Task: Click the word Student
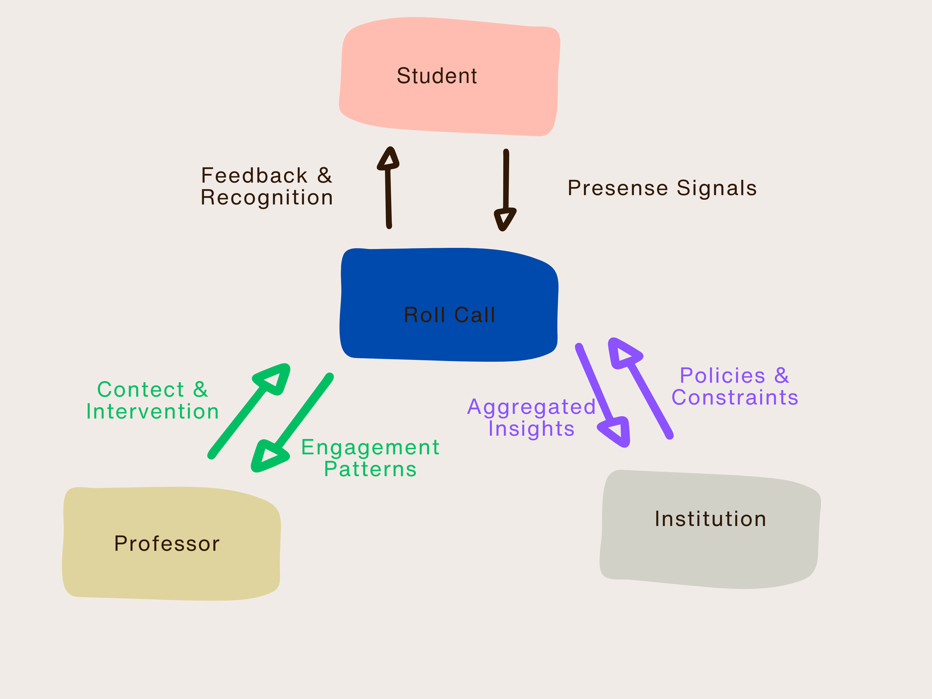click(437, 76)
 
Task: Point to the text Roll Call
click(449, 315)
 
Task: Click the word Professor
click(167, 544)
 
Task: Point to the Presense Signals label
click(662, 188)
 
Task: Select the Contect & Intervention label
click(152, 400)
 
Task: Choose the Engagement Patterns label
click(370, 458)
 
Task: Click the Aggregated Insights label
click(531, 418)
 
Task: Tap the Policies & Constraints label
click(734, 386)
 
